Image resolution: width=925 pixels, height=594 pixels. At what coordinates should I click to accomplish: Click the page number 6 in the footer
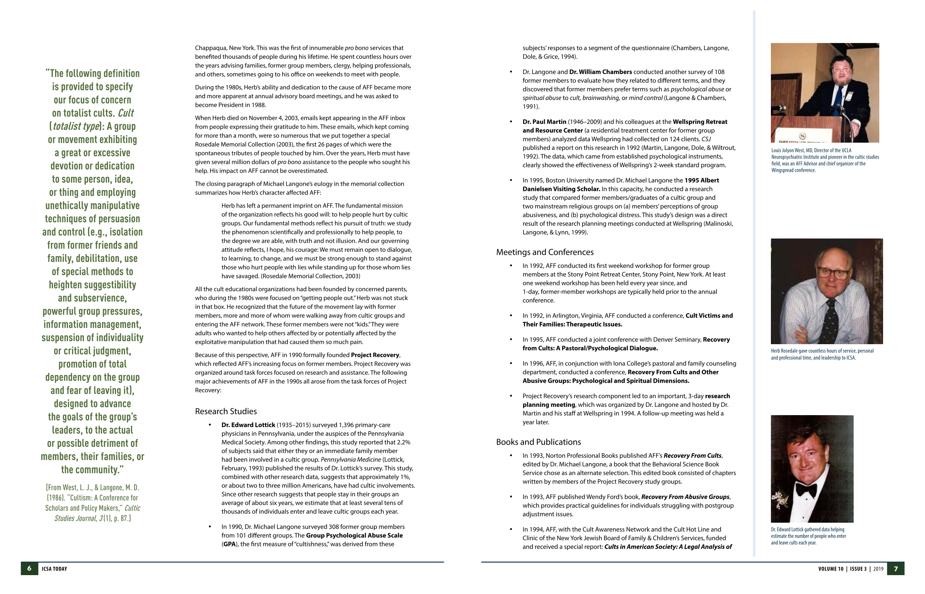(29, 569)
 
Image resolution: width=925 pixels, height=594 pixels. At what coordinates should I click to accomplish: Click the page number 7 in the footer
(896, 569)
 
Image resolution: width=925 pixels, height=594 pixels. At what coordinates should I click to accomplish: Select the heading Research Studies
(226, 411)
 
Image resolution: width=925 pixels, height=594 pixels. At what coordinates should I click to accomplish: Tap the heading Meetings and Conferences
(545, 252)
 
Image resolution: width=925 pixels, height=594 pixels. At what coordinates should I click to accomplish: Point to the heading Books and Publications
(538, 442)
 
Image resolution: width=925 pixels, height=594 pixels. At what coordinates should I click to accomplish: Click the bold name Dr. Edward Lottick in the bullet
(248, 425)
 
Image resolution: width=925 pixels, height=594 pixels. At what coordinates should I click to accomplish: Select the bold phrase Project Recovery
(375, 355)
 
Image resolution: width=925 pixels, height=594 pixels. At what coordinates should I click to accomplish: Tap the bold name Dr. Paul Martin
(544, 122)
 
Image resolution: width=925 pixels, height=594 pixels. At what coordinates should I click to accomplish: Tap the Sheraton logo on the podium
(802, 136)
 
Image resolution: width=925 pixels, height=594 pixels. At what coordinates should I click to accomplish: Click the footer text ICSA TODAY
(54, 569)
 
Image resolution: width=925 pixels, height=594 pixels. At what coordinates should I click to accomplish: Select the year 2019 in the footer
(878, 569)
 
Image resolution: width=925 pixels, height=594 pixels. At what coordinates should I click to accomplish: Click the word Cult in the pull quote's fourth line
(125, 113)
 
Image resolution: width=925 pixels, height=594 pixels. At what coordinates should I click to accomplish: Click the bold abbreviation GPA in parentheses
(229, 544)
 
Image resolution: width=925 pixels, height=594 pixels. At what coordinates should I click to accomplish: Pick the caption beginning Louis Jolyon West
(825, 160)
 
